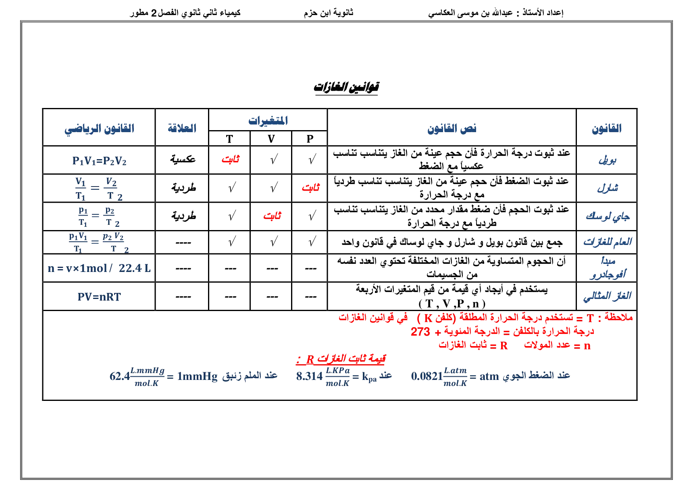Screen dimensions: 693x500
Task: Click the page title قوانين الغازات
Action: click(346, 87)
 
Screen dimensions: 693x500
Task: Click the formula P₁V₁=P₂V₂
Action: click(99, 161)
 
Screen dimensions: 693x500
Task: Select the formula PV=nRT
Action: click(99, 297)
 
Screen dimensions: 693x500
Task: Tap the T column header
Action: click(229, 139)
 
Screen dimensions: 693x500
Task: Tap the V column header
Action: click(271, 139)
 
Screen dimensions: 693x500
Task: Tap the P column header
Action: click(310, 139)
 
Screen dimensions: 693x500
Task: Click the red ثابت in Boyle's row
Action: click(230, 160)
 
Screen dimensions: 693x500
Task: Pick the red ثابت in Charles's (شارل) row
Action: click(310, 188)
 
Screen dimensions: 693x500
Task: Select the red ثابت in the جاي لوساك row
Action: click(272, 216)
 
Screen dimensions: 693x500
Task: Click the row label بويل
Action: click(607, 160)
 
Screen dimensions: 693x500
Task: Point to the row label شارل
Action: click(607, 188)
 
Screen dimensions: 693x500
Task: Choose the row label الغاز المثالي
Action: click(607, 296)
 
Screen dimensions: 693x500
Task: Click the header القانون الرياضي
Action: click(99, 129)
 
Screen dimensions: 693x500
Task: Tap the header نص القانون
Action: click(452, 129)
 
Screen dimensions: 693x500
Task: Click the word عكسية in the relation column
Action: click(183, 160)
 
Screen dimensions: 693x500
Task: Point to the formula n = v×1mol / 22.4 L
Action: click(99, 268)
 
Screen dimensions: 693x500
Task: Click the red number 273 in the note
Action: click(420, 332)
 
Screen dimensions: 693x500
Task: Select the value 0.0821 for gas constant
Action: click(427, 376)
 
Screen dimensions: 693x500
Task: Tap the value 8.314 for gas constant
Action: click(309, 376)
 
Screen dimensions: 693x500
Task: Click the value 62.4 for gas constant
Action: click(120, 376)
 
